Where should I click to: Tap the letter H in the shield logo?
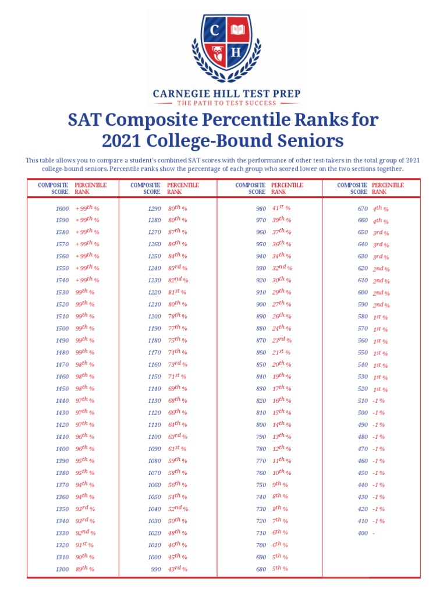click(235, 52)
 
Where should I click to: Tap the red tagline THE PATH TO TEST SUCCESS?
click(227, 103)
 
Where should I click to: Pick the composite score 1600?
click(62, 208)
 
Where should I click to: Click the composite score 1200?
click(154, 317)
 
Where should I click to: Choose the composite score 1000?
click(154, 557)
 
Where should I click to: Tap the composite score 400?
click(363, 533)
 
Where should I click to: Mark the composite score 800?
click(261, 425)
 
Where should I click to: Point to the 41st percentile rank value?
click(281, 208)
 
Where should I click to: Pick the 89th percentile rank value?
click(84, 569)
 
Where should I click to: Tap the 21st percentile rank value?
click(281, 352)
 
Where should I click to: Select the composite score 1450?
click(62, 389)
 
